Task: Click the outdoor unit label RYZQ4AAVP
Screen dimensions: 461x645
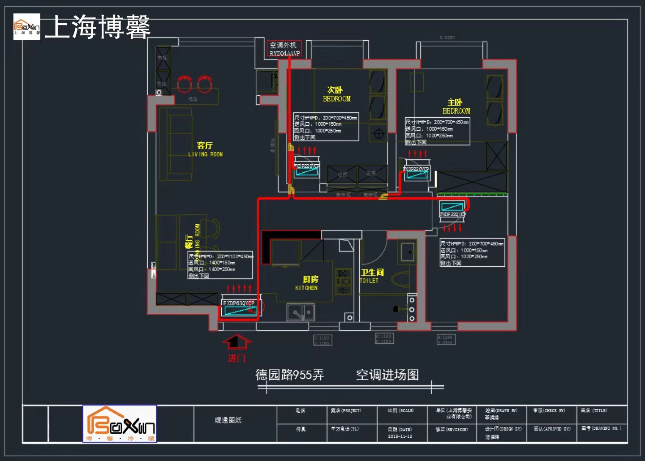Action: pos(284,53)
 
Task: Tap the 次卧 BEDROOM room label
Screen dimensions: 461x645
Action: pos(336,94)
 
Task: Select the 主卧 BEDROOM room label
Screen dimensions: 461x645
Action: pos(456,107)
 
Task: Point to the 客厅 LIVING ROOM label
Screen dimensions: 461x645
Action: pos(205,149)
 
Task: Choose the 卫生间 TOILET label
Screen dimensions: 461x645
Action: pos(371,276)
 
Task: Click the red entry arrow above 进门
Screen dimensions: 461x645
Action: pos(237,341)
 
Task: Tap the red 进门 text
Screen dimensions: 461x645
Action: pos(236,358)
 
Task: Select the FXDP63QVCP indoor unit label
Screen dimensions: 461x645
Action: pos(239,303)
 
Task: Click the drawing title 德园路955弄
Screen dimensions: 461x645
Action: pos(289,375)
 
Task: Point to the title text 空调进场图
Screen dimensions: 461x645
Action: pos(387,375)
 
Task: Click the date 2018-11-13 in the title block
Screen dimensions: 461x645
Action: pos(400,436)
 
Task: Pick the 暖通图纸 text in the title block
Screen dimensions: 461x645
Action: pos(228,420)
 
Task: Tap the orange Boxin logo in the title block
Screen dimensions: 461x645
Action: pos(120,424)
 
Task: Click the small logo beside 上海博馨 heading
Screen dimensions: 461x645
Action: pos(27,27)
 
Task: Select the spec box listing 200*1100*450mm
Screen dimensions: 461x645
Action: pos(220,265)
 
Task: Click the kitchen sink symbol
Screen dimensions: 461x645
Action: pos(301,312)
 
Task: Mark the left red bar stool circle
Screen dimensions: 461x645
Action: pos(185,84)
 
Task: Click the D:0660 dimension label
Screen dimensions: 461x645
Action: pos(447,38)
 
